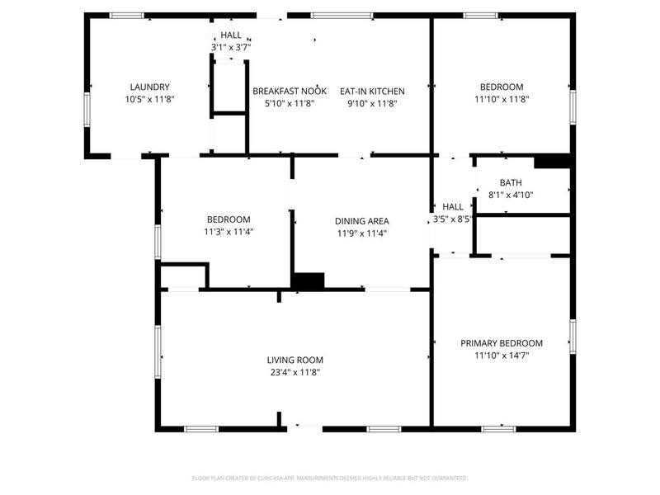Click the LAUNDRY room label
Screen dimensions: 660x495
point(149,87)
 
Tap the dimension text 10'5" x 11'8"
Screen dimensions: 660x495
point(149,99)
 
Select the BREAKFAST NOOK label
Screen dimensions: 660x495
point(290,92)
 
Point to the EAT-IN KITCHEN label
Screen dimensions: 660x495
point(372,92)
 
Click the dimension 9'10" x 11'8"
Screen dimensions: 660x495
point(372,104)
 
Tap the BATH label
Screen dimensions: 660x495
point(511,182)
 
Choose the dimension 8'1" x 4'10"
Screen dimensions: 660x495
point(511,195)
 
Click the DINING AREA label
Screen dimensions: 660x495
point(362,221)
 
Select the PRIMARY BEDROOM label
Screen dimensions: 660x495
point(502,343)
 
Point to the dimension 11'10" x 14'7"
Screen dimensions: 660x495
point(502,356)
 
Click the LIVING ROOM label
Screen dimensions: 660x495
point(295,360)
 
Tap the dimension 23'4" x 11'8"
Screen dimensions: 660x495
point(295,372)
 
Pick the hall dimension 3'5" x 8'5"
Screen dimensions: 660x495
point(453,219)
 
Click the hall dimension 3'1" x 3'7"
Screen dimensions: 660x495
point(231,47)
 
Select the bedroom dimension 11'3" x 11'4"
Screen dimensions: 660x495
point(229,232)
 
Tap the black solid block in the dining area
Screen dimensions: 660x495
point(309,280)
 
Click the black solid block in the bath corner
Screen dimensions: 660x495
point(552,162)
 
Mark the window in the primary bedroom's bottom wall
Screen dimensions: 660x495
point(499,429)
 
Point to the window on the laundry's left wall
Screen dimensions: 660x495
point(87,110)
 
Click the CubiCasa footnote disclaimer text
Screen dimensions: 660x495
point(329,478)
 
